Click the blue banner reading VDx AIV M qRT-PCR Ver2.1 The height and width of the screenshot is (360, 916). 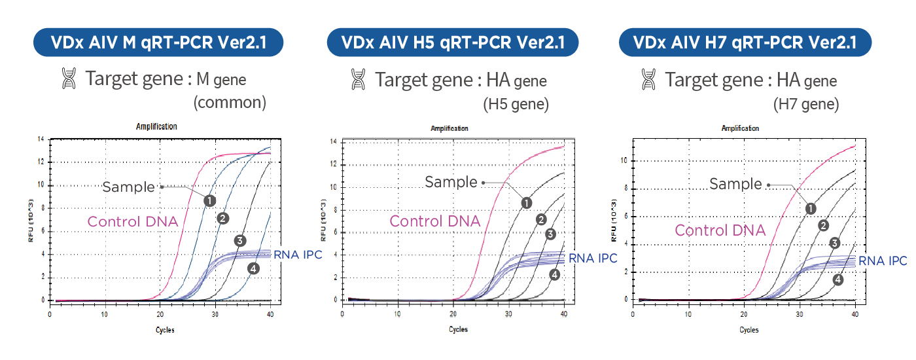click(x=158, y=42)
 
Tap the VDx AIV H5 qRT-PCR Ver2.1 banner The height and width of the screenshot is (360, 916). click(x=453, y=42)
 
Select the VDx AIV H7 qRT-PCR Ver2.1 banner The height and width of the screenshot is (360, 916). click(x=745, y=42)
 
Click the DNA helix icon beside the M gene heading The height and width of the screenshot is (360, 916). click(x=69, y=79)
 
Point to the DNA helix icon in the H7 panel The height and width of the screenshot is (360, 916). click(x=648, y=79)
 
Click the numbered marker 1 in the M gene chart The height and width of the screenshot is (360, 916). click(x=210, y=201)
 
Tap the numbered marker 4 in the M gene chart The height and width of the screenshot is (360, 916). click(x=254, y=269)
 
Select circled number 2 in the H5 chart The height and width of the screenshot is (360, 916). click(x=541, y=220)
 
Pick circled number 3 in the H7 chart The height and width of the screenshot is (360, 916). click(x=835, y=243)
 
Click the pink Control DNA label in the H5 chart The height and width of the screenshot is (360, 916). click(x=434, y=221)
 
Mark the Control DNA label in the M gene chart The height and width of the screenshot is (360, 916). click(x=133, y=221)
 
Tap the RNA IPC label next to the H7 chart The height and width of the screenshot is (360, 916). click(x=883, y=261)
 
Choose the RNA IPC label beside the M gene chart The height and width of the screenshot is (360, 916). click(x=298, y=255)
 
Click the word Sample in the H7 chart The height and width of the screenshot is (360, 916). click(x=735, y=184)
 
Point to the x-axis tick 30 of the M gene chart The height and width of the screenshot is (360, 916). click(x=215, y=314)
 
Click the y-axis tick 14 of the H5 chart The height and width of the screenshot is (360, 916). click(x=333, y=141)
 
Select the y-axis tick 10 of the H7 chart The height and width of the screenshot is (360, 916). click(x=624, y=160)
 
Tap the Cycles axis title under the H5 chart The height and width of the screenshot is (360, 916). click(x=458, y=329)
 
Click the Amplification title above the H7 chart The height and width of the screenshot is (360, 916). click(x=740, y=128)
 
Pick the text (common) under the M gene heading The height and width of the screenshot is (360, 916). click(x=230, y=102)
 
